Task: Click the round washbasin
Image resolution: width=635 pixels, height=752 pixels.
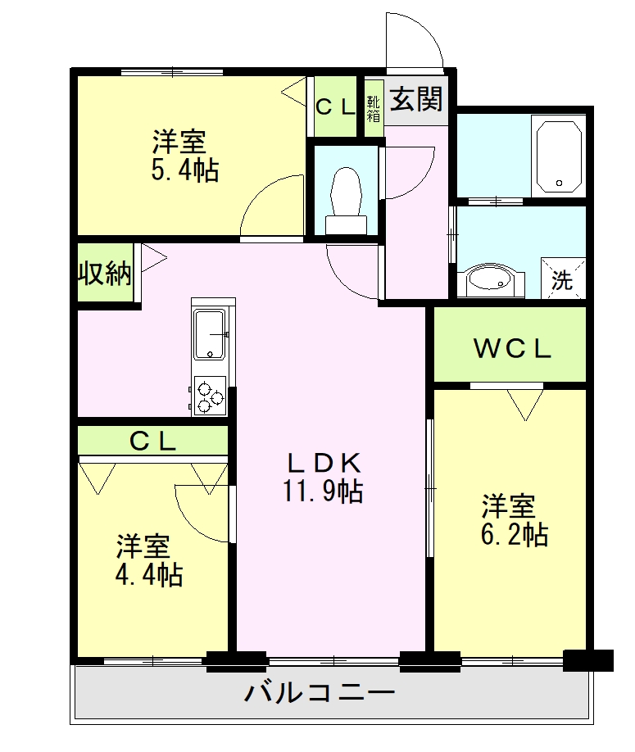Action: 490,280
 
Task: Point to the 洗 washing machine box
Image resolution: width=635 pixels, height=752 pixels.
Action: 563,279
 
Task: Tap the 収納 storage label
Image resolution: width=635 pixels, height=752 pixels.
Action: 105,274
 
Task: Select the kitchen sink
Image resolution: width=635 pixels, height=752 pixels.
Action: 212,334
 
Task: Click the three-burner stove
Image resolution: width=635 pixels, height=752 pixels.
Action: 210,396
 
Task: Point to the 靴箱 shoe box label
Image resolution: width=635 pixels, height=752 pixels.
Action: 374,108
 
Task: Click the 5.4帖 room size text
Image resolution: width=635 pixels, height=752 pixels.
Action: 184,170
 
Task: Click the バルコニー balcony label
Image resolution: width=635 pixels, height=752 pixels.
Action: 320,695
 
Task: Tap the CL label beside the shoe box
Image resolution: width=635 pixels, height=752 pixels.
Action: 335,106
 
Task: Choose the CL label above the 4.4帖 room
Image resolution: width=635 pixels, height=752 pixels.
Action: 153,442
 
